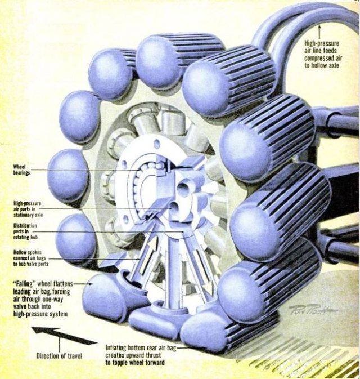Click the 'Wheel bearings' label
[x=23, y=170]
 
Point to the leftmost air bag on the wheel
[x=66, y=175]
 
